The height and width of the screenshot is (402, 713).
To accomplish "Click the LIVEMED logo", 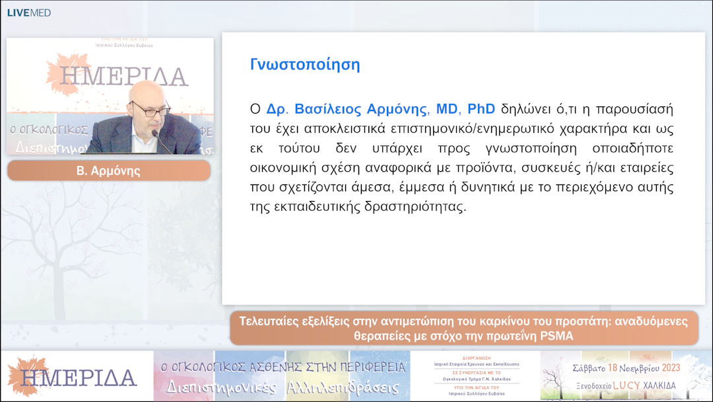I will [x=28, y=13].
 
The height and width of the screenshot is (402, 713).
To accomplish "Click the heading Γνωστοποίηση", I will [x=304, y=65].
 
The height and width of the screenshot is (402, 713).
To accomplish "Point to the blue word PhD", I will [x=481, y=108].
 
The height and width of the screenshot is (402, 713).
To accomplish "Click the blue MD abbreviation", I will [x=446, y=108].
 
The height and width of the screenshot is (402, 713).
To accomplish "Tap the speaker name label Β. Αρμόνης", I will [x=108, y=171].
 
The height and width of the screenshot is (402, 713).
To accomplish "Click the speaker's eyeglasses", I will [x=151, y=109].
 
